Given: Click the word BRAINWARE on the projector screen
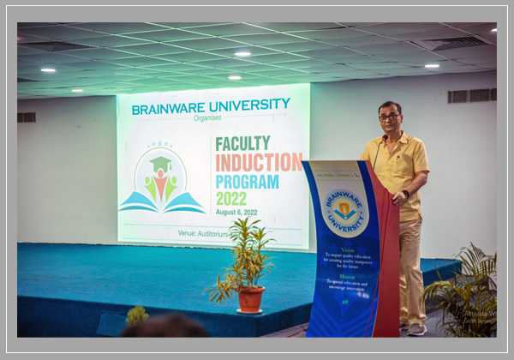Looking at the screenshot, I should pos(170,108).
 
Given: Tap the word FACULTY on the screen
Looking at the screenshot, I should pos(242,143).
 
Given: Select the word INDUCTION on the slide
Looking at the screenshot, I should pos(258,162).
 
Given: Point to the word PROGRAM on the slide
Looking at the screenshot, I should pos(247,182).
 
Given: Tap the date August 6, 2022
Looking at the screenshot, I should pos(236,212).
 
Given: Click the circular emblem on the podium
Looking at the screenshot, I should pos(344,212).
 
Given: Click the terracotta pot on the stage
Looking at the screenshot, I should pos(250,299).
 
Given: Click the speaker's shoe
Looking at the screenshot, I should pos(417,328).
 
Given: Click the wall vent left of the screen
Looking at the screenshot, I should pos(27,117).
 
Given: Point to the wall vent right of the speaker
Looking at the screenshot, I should pos(469,96).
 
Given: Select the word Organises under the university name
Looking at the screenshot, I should pos(206,118).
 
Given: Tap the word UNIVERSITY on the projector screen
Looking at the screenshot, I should pos(249,105).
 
